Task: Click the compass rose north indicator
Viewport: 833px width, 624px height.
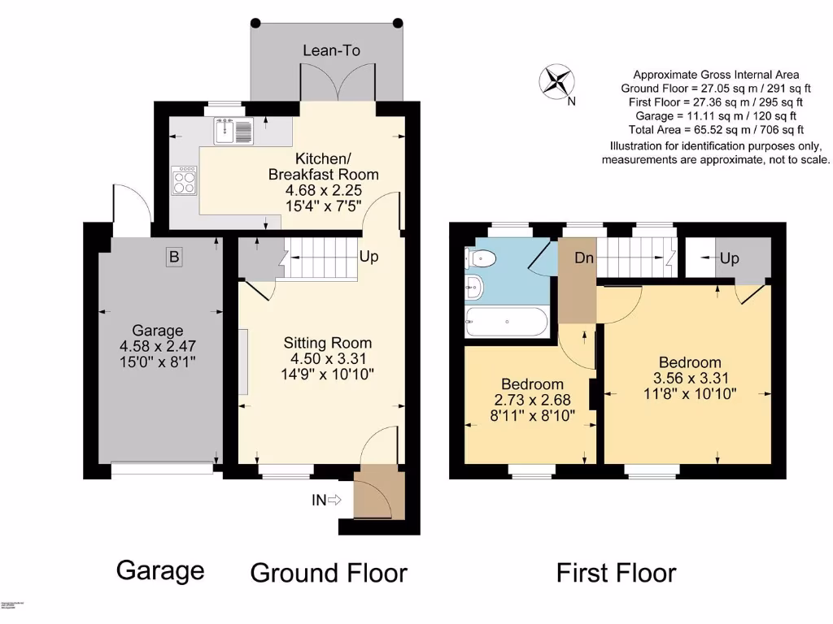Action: click(x=556, y=82)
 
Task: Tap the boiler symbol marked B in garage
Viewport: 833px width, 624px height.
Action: click(x=172, y=258)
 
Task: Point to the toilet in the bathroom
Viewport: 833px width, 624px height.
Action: click(x=481, y=258)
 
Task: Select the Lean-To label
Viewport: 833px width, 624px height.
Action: click(x=331, y=50)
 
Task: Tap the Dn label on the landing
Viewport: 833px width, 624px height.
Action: click(x=583, y=258)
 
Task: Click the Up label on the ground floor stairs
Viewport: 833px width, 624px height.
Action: click(x=369, y=257)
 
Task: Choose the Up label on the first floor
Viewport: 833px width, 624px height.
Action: click(x=729, y=258)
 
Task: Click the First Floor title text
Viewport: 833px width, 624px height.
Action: click(x=616, y=573)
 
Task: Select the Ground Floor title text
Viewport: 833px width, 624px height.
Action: click(x=328, y=573)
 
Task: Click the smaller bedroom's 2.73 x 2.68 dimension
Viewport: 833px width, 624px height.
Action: click(x=532, y=400)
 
